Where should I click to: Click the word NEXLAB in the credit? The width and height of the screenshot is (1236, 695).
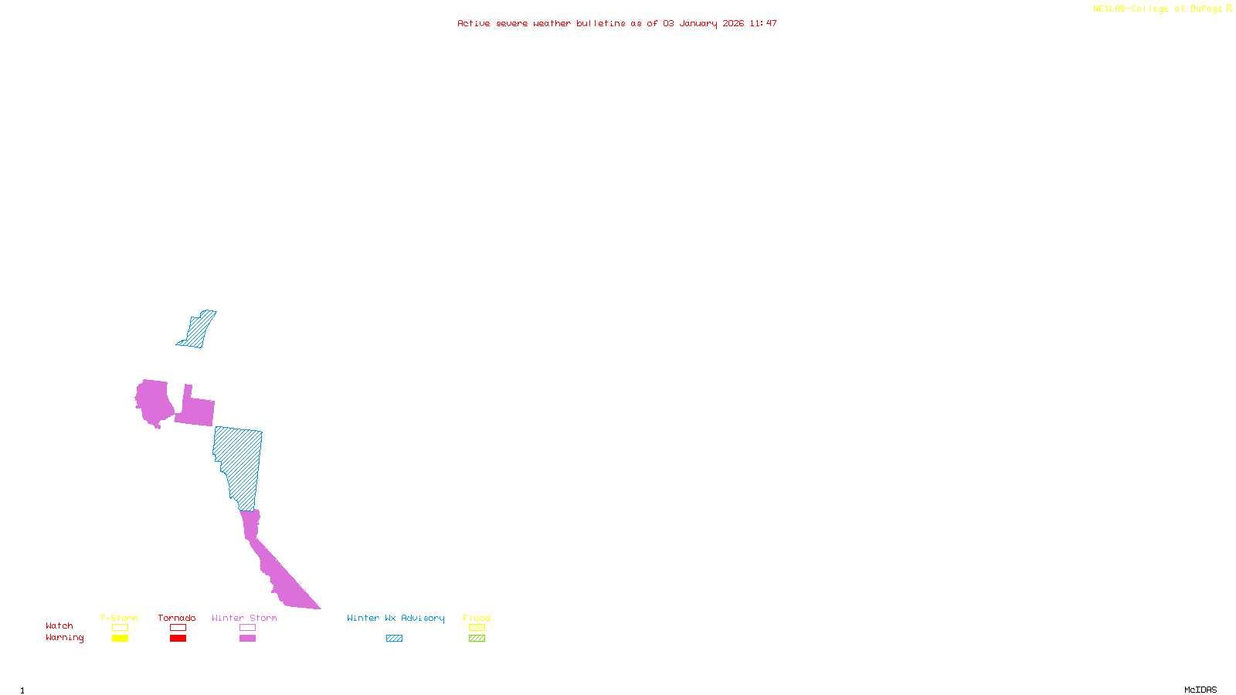(x=1109, y=9)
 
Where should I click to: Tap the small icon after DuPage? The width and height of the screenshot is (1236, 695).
(x=1229, y=8)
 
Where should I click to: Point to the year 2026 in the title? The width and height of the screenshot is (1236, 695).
(x=733, y=23)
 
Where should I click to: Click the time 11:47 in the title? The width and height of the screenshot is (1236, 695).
(x=763, y=23)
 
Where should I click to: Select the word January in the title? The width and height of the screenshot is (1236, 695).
(x=698, y=23)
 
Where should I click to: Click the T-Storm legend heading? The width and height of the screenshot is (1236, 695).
(x=119, y=618)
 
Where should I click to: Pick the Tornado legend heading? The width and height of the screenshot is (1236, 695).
(x=177, y=618)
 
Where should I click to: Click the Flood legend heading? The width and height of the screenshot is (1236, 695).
(x=477, y=618)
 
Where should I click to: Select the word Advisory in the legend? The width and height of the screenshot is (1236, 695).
(x=423, y=618)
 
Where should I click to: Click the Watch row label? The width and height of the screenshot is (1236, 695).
(x=59, y=625)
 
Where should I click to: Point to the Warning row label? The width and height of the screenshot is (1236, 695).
(x=65, y=638)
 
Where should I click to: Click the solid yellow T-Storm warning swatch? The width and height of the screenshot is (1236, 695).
(x=120, y=639)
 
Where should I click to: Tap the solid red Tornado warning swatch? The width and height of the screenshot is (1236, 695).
(x=178, y=639)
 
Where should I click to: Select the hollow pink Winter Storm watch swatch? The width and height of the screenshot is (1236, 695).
(x=247, y=628)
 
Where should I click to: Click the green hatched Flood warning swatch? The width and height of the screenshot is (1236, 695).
(x=477, y=639)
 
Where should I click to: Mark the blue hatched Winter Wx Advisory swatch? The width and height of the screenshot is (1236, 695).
(x=394, y=639)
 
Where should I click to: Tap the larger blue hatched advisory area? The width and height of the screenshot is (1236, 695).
(x=240, y=463)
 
